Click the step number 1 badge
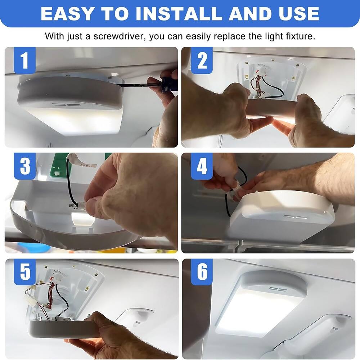tap(24, 60)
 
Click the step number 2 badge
tap(202, 60)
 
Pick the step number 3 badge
tap(24, 166)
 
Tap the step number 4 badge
tap(202, 166)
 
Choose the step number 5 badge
tap(24, 272)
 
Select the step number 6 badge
tap(202, 272)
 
